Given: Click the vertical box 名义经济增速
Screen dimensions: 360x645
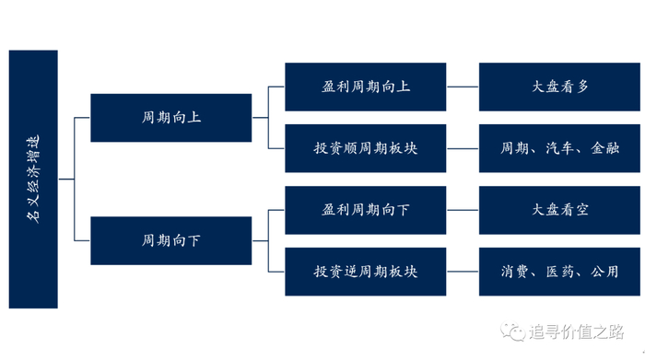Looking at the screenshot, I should point(33,179).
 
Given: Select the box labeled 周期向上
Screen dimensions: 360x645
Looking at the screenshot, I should point(170,118).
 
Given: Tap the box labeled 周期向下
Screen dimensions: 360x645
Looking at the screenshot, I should point(170,241).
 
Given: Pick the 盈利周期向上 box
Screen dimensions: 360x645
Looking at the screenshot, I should point(366,87).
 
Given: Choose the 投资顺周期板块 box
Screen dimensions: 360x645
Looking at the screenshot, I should point(366,148).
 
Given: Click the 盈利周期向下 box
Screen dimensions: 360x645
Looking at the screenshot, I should point(366,210).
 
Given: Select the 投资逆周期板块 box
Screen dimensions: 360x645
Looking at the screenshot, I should point(366,272).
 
